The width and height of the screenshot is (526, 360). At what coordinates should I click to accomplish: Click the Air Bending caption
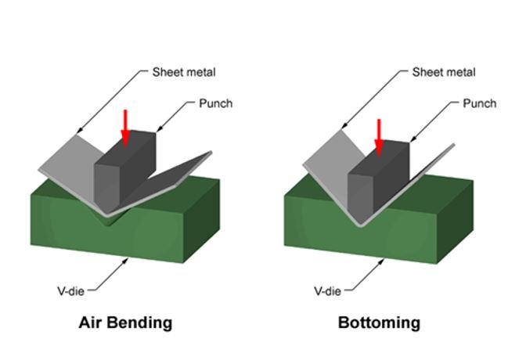point(125,322)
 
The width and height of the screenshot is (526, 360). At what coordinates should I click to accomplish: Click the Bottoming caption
point(379,322)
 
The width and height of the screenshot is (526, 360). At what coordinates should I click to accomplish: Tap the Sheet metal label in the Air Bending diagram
point(183,72)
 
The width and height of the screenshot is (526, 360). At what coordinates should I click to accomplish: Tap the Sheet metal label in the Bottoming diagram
point(443,72)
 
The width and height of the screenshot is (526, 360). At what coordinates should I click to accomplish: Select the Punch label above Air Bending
point(215,103)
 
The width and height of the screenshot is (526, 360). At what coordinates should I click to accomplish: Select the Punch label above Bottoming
point(479,103)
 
